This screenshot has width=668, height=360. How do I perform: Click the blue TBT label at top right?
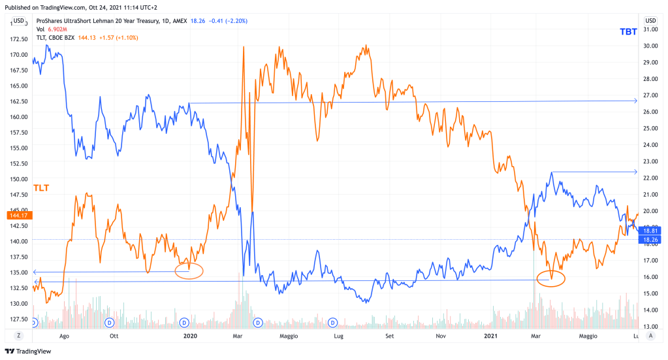629,31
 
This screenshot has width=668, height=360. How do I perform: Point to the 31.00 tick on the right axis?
650,29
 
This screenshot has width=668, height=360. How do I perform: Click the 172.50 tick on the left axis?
18,39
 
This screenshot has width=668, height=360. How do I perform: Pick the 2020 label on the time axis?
190,336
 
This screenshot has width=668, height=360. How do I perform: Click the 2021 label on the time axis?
491,336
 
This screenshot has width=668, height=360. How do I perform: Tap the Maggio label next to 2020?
289,336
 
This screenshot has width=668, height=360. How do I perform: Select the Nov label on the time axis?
441,336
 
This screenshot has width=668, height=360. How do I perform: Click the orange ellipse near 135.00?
190,270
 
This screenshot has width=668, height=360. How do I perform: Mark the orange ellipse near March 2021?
550,279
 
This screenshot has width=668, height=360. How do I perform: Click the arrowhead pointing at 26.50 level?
635,101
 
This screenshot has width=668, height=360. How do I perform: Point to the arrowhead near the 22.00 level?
635,172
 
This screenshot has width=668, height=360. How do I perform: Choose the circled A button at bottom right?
650,335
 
